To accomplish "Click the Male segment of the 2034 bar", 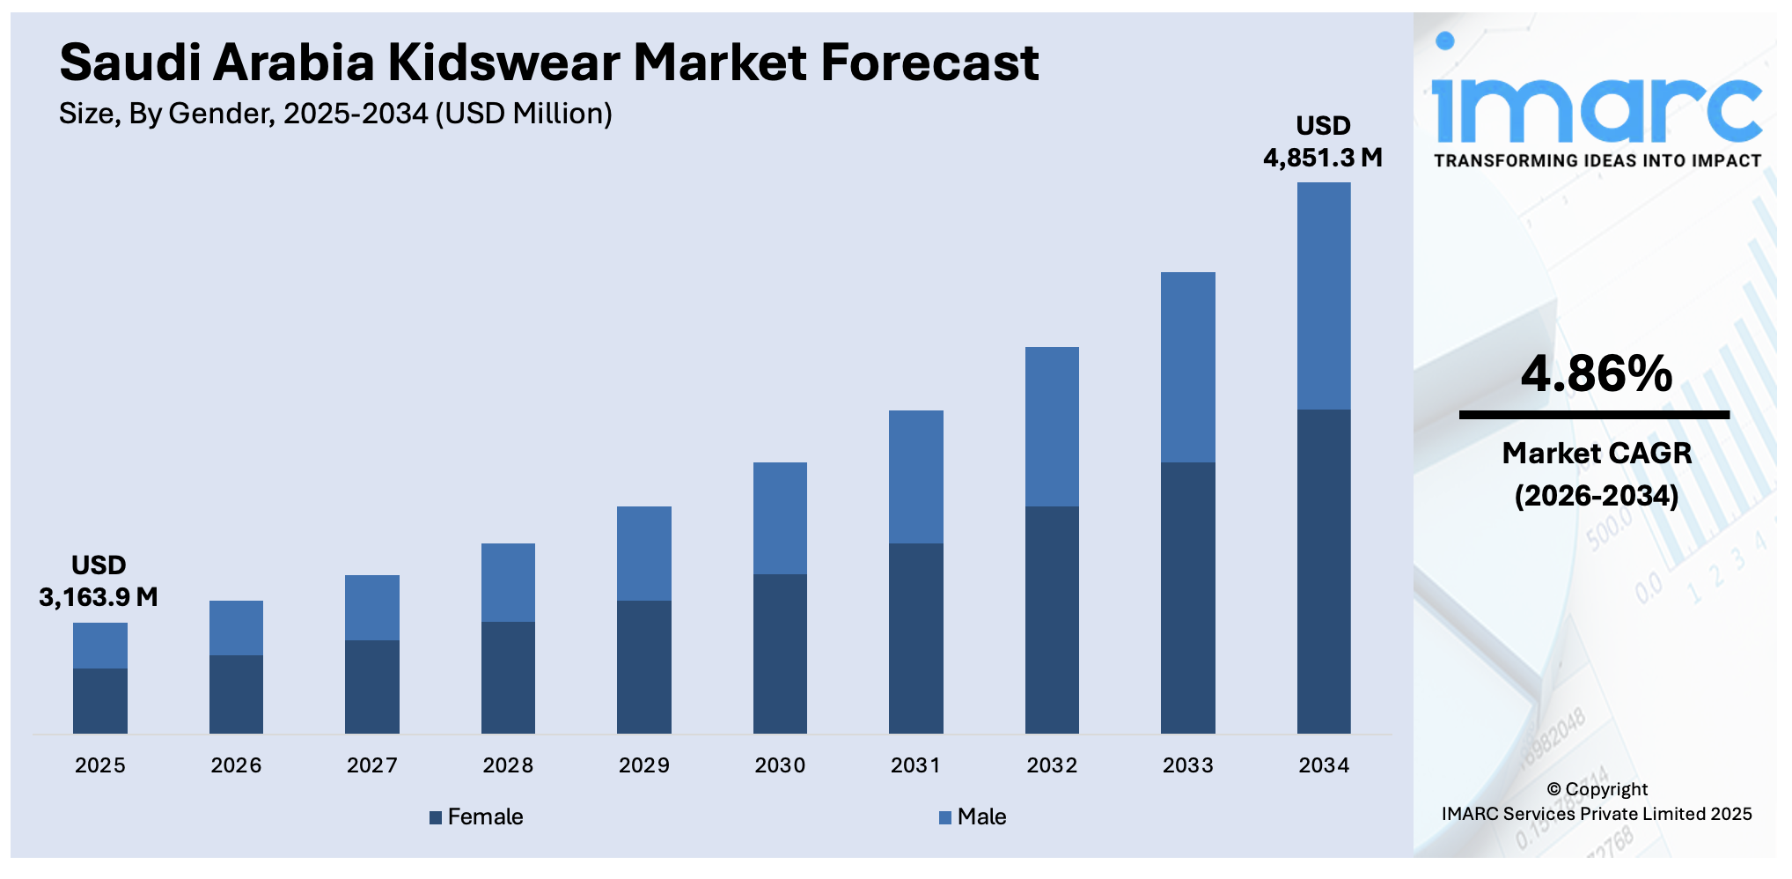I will tap(1324, 296).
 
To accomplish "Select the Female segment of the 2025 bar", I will tap(99, 701).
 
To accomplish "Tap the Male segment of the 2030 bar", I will tap(780, 518).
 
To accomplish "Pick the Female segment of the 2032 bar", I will tap(1052, 619).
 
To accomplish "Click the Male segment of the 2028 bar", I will tap(508, 582).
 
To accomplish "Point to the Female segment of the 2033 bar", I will tap(1187, 597).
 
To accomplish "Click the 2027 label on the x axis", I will tap(371, 765).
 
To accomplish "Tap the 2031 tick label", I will tap(915, 765).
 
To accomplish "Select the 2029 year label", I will tap(643, 765).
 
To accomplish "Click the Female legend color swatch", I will tap(436, 817).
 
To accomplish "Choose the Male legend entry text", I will tap(981, 816).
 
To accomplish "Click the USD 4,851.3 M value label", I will tap(1323, 142).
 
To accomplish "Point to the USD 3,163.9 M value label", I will tap(99, 581).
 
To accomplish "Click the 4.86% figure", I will tap(1596, 373).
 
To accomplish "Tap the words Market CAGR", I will tap(1596, 453).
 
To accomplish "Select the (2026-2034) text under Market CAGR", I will tap(1596, 495).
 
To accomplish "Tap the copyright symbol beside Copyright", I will tap(1553, 789).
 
